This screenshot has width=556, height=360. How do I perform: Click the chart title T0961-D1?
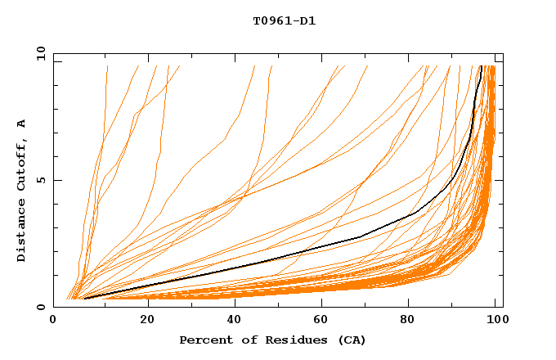pos(284,21)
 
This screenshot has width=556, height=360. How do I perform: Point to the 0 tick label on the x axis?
pos(53,321)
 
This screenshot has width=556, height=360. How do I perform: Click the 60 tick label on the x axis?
pos(319,321)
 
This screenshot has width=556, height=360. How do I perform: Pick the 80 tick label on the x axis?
pos(407,321)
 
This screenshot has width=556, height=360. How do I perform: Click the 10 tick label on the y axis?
pos(40,53)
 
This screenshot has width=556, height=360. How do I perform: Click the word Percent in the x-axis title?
pos(202,340)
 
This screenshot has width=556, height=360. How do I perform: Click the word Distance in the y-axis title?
pos(22,232)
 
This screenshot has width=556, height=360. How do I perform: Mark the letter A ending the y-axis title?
pos(22,124)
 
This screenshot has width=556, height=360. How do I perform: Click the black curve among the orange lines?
pos(360,236)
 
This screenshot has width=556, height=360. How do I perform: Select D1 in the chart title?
pos(307,21)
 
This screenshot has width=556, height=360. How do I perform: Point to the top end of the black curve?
pos(481,66)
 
